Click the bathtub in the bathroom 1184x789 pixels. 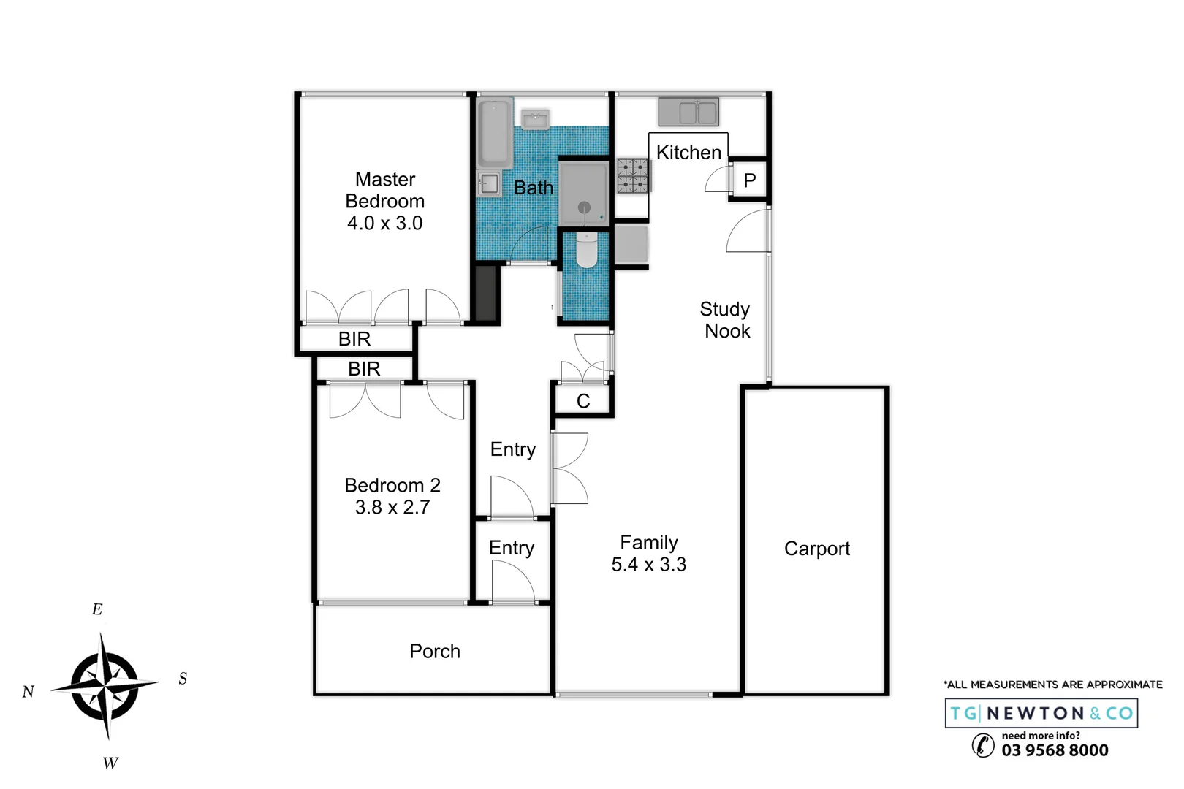(x=495, y=134)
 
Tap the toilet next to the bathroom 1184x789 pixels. (x=587, y=250)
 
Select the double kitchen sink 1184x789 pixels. (x=688, y=113)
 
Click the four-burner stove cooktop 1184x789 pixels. (x=633, y=176)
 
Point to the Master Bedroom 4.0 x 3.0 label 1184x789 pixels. (x=384, y=201)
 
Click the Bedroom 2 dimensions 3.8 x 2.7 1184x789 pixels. (x=392, y=508)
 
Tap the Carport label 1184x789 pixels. (x=816, y=549)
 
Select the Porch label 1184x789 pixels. (x=435, y=651)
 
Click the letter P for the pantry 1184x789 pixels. (x=749, y=180)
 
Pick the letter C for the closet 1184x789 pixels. (x=583, y=401)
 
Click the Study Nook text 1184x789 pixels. (x=725, y=320)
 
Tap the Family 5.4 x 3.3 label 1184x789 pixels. (x=649, y=554)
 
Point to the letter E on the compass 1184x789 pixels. (x=97, y=609)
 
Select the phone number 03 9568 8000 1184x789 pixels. (x=1055, y=750)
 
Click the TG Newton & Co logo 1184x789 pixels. (x=1041, y=713)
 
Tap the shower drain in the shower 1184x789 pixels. (x=584, y=207)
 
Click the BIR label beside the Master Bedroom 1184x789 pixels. (x=354, y=339)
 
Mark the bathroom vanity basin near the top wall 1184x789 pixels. (x=535, y=118)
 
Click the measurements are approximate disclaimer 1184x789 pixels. (x=1053, y=685)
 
